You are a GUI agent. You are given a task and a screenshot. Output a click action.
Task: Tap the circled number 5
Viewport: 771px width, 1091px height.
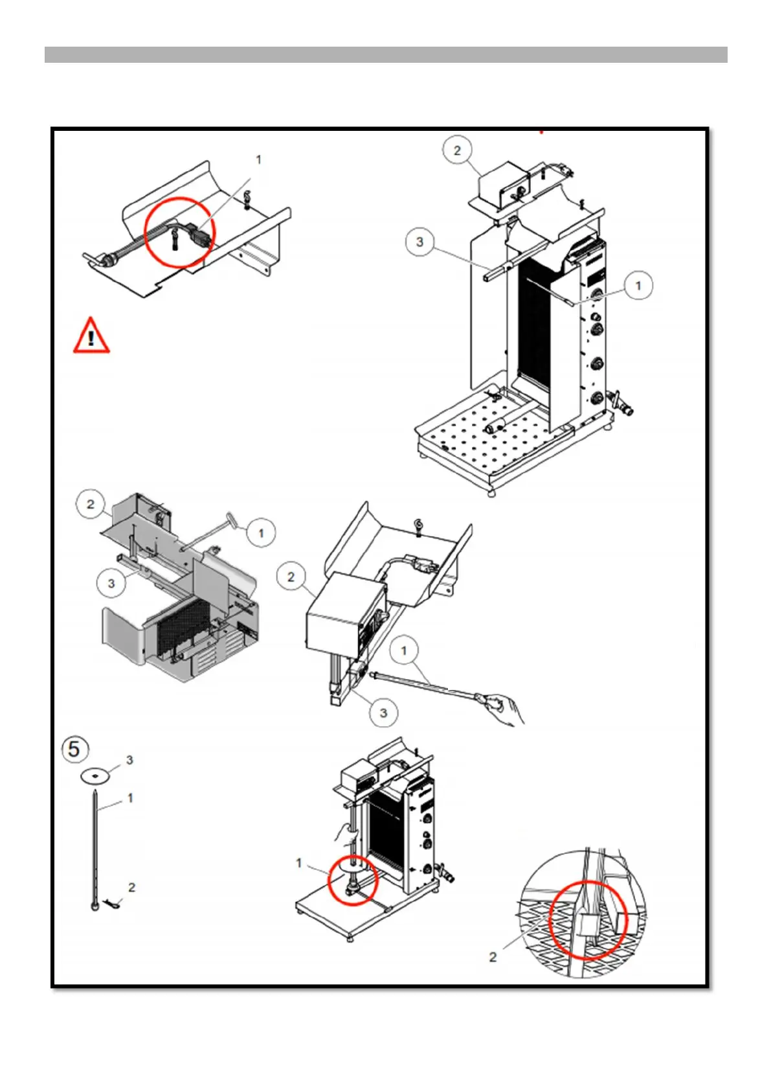click(x=75, y=748)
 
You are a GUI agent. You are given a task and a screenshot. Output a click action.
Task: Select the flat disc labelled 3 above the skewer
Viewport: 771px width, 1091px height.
click(x=96, y=775)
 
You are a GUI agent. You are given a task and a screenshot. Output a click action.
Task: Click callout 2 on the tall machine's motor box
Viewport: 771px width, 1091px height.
click(x=456, y=150)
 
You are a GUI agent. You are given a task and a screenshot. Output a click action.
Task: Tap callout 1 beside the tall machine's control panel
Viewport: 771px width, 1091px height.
click(x=638, y=286)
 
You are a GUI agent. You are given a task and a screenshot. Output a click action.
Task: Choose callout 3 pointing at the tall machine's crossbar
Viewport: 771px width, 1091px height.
click(x=419, y=242)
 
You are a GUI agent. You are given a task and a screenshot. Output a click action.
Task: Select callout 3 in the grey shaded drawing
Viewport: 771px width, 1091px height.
click(x=111, y=583)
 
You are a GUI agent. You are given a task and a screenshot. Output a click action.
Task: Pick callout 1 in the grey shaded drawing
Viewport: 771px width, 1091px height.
click(x=261, y=533)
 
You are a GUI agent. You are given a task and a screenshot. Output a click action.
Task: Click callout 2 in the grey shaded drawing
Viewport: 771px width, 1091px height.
click(x=91, y=505)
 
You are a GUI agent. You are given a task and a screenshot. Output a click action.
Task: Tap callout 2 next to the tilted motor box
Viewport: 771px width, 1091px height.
click(x=291, y=577)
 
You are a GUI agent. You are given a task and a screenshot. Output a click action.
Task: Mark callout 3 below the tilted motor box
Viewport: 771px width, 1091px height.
click(x=383, y=713)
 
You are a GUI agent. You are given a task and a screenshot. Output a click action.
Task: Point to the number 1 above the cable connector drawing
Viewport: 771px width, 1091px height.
click(x=258, y=159)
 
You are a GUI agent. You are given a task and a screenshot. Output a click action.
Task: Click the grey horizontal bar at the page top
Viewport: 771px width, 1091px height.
click(x=386, y=54)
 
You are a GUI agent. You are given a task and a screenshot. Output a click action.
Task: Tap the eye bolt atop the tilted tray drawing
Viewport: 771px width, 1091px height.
click(x=418, y=527)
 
